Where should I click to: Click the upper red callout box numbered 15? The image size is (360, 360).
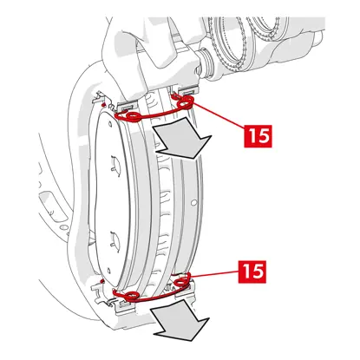click(258, 136)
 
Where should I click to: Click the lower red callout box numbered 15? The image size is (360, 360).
click(252, 272)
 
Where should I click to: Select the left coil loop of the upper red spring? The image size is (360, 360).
click(133, 116)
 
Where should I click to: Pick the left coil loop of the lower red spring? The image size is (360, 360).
click(132, 295)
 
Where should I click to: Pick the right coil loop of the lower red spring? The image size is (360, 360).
click(182, 280)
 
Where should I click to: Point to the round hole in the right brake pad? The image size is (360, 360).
click(194, 202)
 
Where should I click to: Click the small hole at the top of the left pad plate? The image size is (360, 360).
click(109, 124)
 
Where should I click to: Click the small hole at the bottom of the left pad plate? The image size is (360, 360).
click(108, 271)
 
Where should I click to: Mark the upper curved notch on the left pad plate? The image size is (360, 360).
click(115, 164)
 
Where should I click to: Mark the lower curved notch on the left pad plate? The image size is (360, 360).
click(115, 238)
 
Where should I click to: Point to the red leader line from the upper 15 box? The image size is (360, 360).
click(219, 115)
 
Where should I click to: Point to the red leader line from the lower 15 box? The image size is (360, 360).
click(214, 274)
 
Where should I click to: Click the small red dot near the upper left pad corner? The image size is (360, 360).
click(103, 103)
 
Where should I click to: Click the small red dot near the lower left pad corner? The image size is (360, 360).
click(101, 280)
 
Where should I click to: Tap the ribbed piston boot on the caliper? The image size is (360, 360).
click(205, 64)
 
